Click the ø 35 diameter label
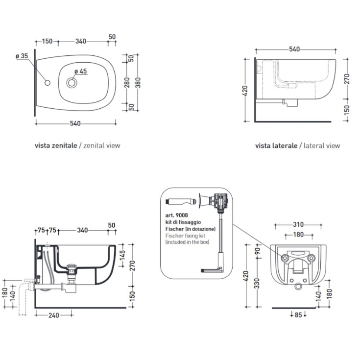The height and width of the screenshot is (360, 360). (x=22, y=56)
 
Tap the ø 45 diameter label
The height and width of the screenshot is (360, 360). (x=80, y=72)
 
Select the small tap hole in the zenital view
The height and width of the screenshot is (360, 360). (x=48, y=83)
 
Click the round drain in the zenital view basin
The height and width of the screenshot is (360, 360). (x=72, y=83)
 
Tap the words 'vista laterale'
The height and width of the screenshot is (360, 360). (x=276, y=145)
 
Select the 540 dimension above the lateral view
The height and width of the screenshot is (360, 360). (x=294, y=49)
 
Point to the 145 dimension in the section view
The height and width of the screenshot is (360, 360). (x=123, y=255)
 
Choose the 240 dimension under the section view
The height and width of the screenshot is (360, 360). (x=54, y=315)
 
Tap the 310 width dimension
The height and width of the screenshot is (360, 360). (x=297, y=224)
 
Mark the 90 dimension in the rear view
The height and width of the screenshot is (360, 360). (x=257, y=251)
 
